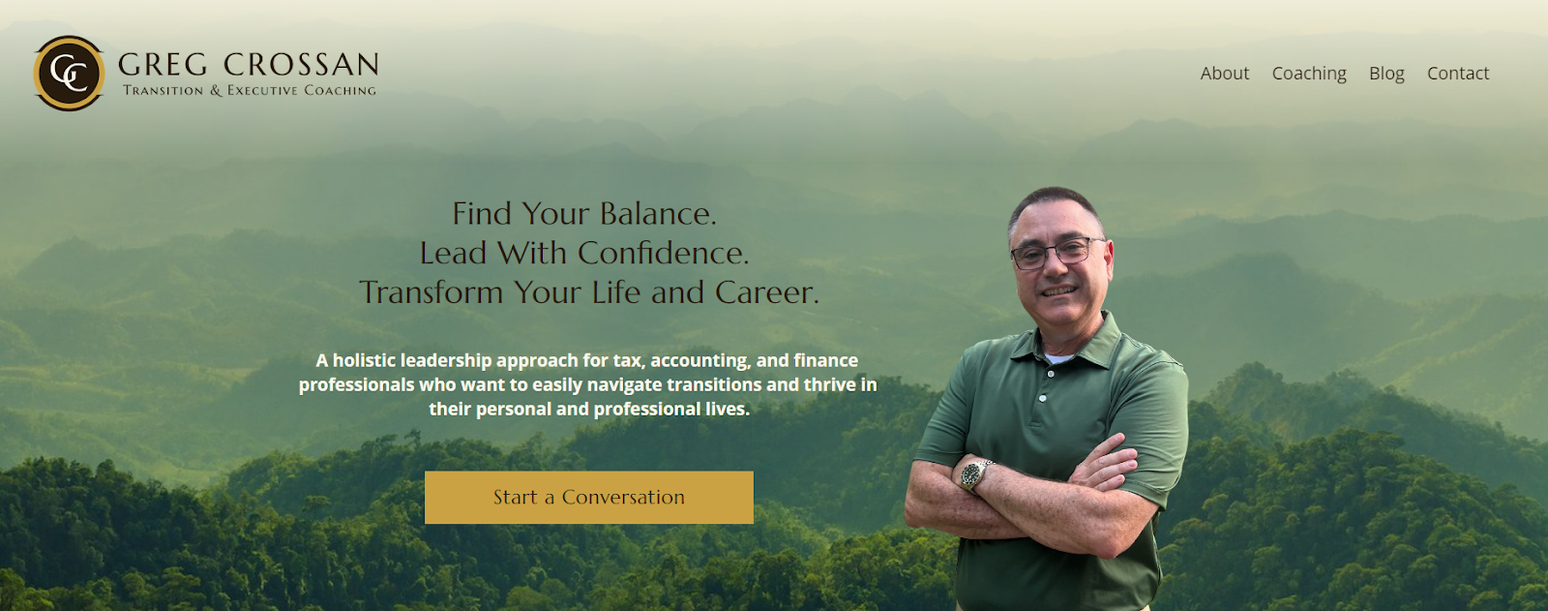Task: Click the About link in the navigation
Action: pos(1224,74)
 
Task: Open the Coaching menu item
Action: pos(1309,74)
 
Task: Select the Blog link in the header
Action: pos(1386,74)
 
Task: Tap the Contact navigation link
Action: pos(1457,74)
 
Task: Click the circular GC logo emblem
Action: pos(69,74)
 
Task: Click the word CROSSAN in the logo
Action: pos(301,64)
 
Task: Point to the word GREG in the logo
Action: pos(163,64)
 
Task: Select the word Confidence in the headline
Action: pos(663,253)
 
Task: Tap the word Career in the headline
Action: pos(766,292)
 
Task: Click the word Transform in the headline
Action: pos(432,292)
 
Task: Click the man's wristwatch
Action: pos(974,475)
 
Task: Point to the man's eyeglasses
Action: pos(1057,253)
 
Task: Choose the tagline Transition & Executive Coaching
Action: pos(250,91)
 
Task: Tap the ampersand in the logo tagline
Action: pos(217,91)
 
